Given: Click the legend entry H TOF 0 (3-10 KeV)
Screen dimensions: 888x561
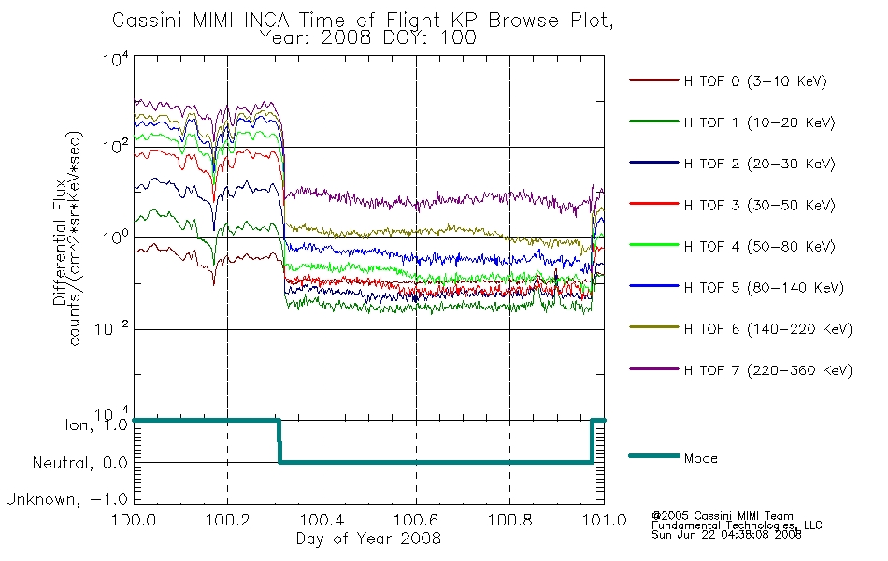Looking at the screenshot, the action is pyautogui.click(x=755, y=81).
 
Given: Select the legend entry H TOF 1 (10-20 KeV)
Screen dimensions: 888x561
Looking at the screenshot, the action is pyautogui.click(x=759, y=122).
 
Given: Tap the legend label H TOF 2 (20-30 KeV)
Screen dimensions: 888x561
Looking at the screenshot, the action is pyautogui.click(x=759, y=164).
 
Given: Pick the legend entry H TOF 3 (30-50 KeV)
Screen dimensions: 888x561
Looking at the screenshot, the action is pyautogui.click(x=759, y=205).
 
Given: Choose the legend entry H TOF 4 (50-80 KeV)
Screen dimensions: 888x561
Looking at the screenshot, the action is pyautogui.click(x=759, y=247).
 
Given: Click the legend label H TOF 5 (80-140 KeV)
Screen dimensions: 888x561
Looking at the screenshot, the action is pyautogui.click(x=764, y=288).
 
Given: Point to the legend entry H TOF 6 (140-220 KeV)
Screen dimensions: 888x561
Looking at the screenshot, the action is pyautogui.click(x=767, y=329).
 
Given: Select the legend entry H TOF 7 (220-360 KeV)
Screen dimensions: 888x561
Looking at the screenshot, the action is pyautogui.click(x=767, y=370).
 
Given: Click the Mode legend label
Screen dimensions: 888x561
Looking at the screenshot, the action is pyautogui.click(x=700, y=458).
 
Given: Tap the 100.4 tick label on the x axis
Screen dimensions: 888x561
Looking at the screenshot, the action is pyautogui.click(x=322, y=520).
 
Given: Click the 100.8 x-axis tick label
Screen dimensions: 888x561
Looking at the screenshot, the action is pyautogui.click(x=510, y=520).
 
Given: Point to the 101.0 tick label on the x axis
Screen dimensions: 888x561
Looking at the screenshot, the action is pyautogui.click(x=604, y=520).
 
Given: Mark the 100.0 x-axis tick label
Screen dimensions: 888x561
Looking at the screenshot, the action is pyautogui.click(x=134, y=520).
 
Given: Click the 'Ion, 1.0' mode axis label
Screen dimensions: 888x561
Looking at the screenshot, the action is pyautogui.click(x=96, y=425).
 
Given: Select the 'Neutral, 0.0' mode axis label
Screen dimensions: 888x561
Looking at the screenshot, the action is pyautogui.click(x=79, y=463).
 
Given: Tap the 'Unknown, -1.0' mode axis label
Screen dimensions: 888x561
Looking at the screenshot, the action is pyautogui.click(x=66, y=499).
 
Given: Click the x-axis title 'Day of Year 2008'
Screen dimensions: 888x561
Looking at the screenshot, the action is pyautogui.click(x=368, y=539).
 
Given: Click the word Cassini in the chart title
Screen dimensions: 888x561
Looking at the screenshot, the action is pyautogui.click(x=148, y=21).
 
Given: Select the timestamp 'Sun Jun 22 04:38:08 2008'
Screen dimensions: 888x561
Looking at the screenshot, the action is pyautogui.click(x=726, y=535).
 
